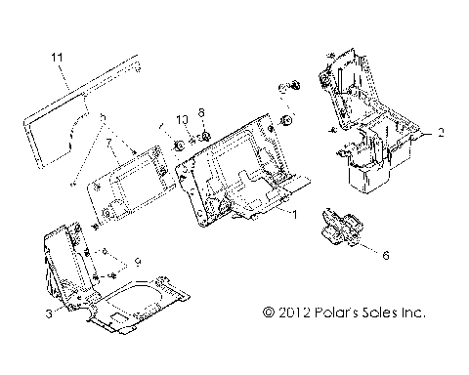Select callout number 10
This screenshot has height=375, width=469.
[x=181, y=120]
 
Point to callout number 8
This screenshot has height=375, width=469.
[x=202, y=111]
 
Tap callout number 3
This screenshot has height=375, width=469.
[x=46, y=313]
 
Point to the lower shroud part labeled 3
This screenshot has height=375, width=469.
[x=98, y=293]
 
